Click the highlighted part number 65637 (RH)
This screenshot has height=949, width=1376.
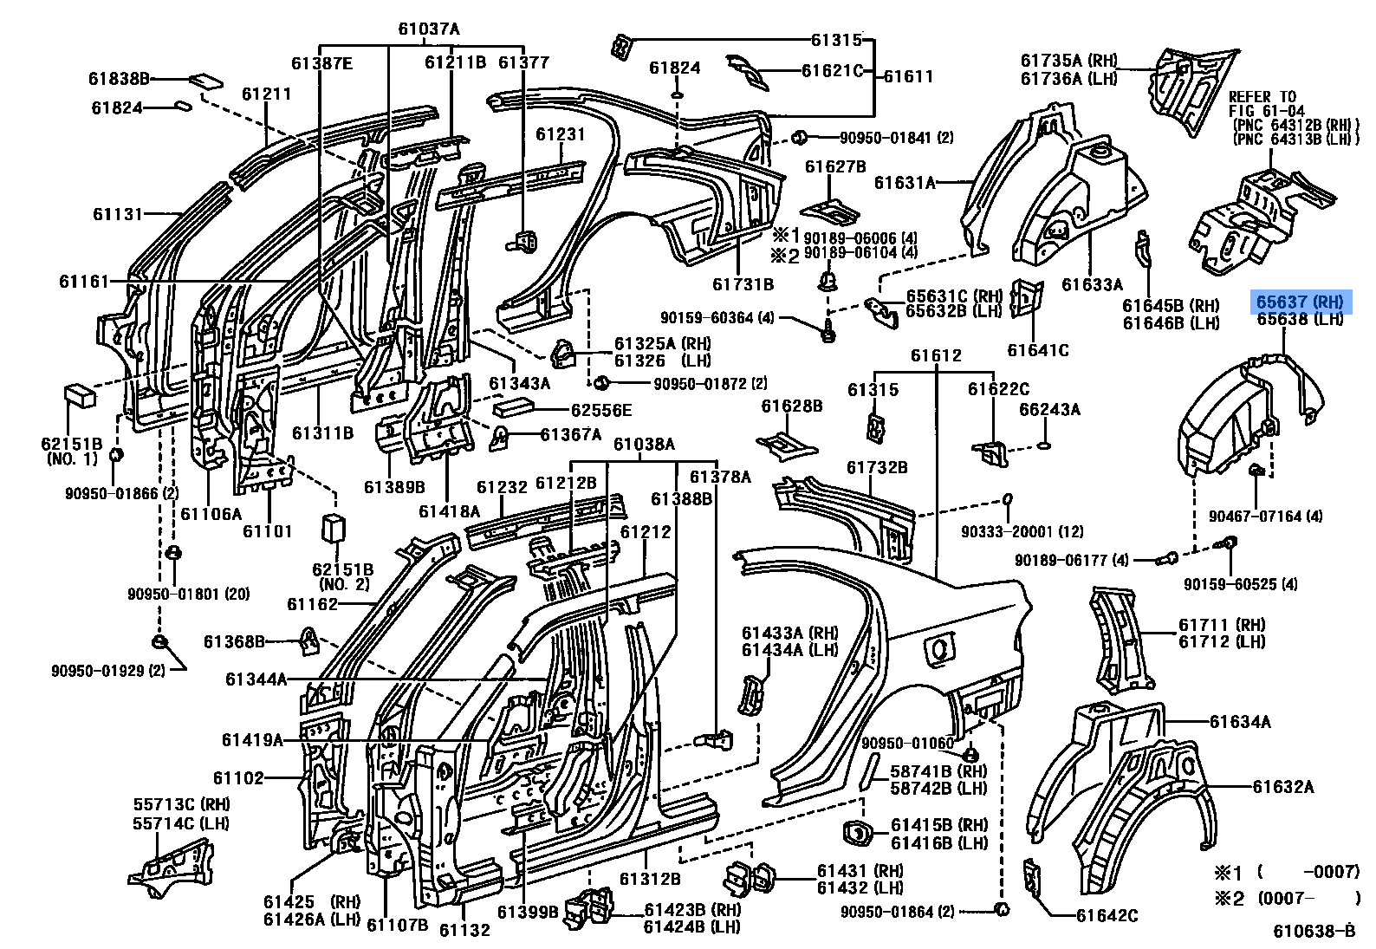[x=1300, y=302]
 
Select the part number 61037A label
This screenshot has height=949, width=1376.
[x=429, y=29]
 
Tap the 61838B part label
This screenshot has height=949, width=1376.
[x=119, y=79]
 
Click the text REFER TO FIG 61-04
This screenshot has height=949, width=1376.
[x=1262, y=104]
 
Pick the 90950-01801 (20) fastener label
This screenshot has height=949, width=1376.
[x=188, y=594]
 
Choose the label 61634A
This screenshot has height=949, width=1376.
[x=1240, y=721]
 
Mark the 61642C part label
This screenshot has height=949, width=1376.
[x=1107, y=915]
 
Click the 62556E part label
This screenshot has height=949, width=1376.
[x=601, y=410]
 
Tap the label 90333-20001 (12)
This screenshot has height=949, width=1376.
[x=1022, y=531]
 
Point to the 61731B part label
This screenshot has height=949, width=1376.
[x=743, y=283]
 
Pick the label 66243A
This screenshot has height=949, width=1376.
[x=1049, y=409]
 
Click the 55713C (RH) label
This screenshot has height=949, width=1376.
[x=181, y=803]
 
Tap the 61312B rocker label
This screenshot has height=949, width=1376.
[x=649, y=878]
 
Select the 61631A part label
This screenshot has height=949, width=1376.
[x=905, y=182]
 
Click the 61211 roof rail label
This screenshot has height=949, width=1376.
[x=266, y=94]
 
